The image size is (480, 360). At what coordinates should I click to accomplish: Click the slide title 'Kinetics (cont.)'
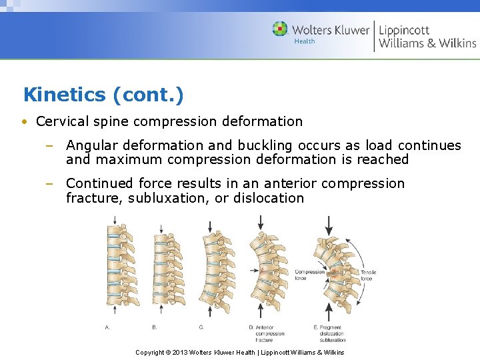pyautogui.click(x=103, y=95)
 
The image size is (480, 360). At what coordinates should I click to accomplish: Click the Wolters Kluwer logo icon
pyautogui.click(x=280, y=29)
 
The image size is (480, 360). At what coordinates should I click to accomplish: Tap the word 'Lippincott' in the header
pyautogui.click(x=404, y=30)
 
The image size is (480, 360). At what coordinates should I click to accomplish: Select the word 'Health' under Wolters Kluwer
pyautogui.click(x=305, y=41)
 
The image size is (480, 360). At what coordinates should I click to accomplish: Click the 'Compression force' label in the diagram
pyautogui.click(x=309, y=275)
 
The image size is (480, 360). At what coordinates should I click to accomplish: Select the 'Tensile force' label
pyautogui.click(x=368, y=275)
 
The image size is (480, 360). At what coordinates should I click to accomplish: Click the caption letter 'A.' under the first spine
pyautogui.click(x=108, y=327)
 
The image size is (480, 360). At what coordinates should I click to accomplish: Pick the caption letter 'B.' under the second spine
pyautogui.click(x=155, y=327)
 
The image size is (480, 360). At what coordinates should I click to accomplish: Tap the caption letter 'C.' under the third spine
pyautogui.click(x=201, y=327)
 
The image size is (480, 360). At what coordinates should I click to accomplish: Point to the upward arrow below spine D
pyautogui.click(x=260, y=312)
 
